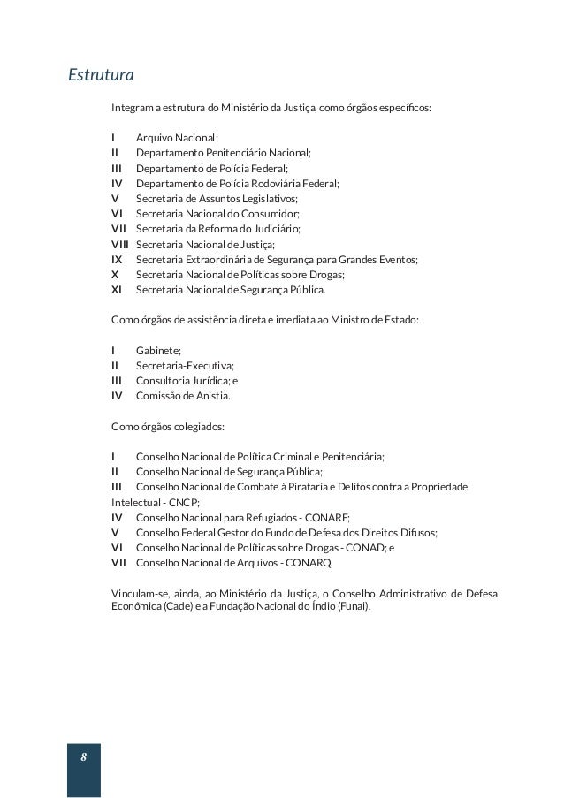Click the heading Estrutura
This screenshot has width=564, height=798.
(x=101, y=75)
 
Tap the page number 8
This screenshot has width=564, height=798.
(x=83, y=757)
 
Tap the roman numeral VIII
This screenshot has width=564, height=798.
(x=119, y=244)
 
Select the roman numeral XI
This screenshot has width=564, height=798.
(x=117, y=290)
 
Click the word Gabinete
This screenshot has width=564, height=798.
(x=157, y=351)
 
